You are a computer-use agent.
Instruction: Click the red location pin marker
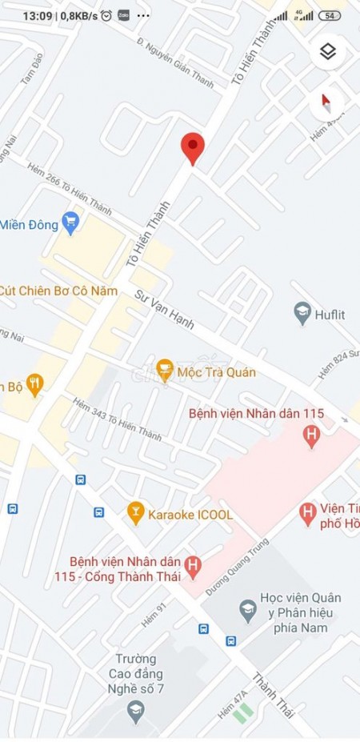tap(192, 148)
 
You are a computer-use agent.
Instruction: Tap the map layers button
tap(326, 52)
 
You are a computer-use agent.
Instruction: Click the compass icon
tap(326, 102)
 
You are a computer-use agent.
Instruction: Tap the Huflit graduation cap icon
tap(302, 314)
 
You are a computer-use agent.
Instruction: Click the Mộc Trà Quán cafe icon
tap(165, 371)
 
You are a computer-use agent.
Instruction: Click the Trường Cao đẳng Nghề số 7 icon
tap(135, 708)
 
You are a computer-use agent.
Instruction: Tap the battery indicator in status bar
tap(329, 15)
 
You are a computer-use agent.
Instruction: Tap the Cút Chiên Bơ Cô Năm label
tap(58, 291)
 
